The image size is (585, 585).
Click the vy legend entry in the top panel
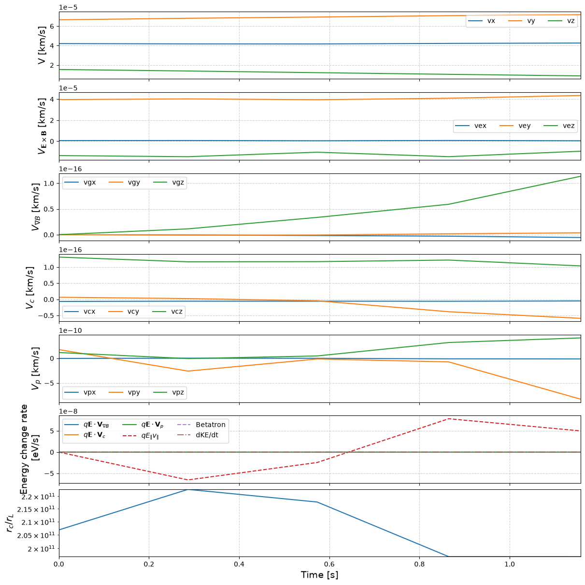click(x=522, y=21)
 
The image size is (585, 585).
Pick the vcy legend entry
click(x=124, y=312)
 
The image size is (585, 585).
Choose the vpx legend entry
click(x=80, y=392)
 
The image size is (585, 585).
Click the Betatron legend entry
click(x=201, y=425)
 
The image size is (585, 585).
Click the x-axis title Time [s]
click(x=319, y=574)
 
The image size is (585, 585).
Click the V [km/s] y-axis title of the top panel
click(x=42, y=45)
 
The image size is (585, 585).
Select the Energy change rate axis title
click(x=24, y=449)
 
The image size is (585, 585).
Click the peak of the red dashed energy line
click(x=448, y=419)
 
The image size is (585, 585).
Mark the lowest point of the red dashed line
click(x=188, y=480)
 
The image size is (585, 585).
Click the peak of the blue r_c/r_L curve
click(x=188, y=490)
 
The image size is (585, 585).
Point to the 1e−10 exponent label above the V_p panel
click(x=70, y=330)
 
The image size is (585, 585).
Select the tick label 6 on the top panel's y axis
click(x=52, y=27)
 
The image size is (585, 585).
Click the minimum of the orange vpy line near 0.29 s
click(x=188, y=371)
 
